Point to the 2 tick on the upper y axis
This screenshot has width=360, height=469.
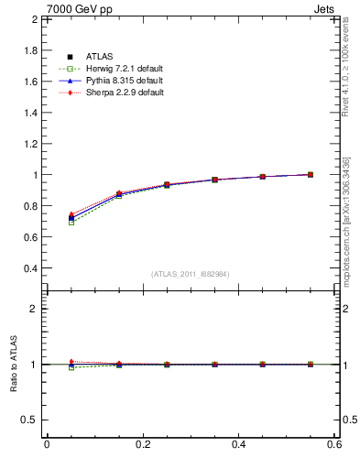[x=33, y=19]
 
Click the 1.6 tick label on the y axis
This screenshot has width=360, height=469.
[x=29, y=82]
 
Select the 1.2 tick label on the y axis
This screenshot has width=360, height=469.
[x=29, y=144]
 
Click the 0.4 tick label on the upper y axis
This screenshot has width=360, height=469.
[x=29, y=268]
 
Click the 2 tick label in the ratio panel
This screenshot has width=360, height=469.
[x=33, y=309]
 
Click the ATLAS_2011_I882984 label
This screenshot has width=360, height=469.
[x=191, y=274]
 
